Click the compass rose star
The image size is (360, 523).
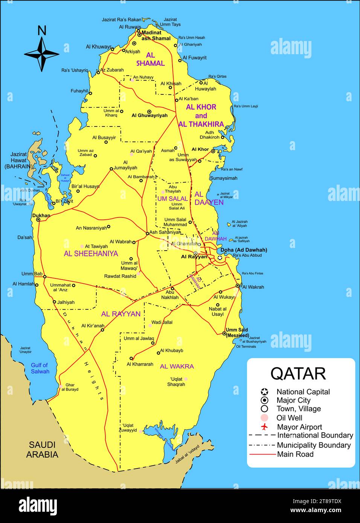[x=42, y=54]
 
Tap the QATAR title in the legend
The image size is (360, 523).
[x=298, y=373]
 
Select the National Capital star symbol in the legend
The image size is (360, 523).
[x=264, y=392]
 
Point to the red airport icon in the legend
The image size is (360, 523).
[x=264, y=427]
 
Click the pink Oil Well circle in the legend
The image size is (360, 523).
[x=264, y=418]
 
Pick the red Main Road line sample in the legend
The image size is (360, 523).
[x=262, y=454]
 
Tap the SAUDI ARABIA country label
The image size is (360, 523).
[x=42, y=450]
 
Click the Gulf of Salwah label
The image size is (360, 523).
[x=40, y=368]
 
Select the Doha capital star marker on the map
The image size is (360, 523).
[x=220, y=258]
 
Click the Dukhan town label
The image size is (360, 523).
[x=41, y=216]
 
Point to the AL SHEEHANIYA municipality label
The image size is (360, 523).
[x=91, y=254]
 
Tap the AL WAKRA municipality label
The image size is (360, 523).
[x=177, y=366]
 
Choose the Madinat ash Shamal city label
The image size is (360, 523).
[x=156, y=35]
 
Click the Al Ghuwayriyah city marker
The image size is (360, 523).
[x=149, y=112]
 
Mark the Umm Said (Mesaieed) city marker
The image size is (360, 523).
[x=224, y=333]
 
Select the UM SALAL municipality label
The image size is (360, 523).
[x=172, y=199]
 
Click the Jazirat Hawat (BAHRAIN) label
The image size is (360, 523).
[x=18, y=160]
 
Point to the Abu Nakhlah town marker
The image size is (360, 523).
[x=172, y=289]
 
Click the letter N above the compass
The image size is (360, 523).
[x=42, y=30]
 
